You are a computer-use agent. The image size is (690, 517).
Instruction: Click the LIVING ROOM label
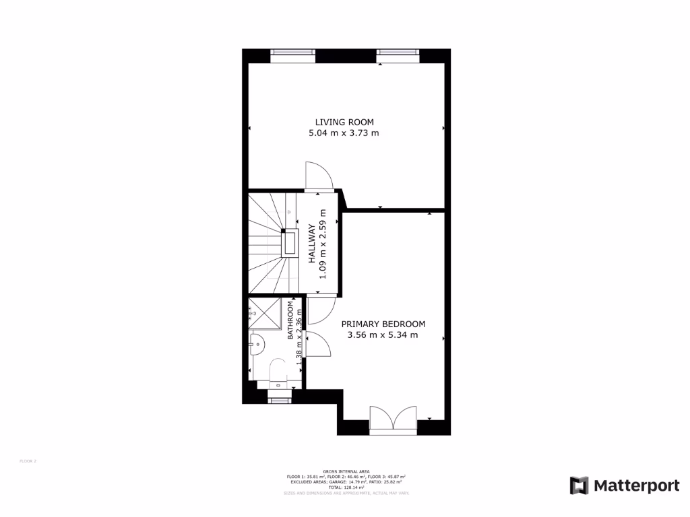(344, 122)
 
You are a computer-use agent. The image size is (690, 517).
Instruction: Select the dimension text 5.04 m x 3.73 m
(344, 133)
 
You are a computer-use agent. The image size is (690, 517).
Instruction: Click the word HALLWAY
(312, 243)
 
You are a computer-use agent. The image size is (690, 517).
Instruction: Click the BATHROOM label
(291, 320)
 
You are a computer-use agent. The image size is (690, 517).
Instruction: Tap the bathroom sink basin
(257, 344)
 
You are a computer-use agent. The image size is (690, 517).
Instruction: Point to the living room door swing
(319, 176)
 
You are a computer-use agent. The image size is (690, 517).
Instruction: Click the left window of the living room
(292, 55)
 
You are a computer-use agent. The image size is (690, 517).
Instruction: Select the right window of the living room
(398, 55)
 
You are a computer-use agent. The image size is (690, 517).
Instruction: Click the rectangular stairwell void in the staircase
(291, 242)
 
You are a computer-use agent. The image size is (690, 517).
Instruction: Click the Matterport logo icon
(579, 485)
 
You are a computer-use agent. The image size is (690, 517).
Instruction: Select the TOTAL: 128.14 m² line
(344, 487)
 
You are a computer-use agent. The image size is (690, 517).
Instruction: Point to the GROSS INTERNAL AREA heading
(344, 471)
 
